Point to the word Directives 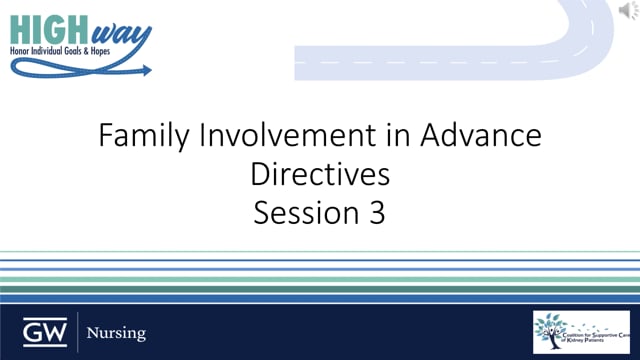(320, 175)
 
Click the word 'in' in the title (376, 139)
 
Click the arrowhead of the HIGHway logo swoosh (147, 71)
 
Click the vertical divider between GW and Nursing (77, 331)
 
